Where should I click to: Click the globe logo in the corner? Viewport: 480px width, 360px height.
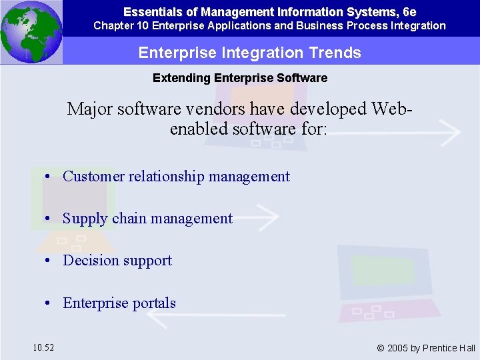click(31, 32)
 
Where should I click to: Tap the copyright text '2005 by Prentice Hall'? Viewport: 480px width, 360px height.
click(431, 348)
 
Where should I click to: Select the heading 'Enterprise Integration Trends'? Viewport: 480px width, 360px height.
click(249, 53)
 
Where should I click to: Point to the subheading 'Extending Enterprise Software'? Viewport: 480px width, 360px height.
click(240, 78)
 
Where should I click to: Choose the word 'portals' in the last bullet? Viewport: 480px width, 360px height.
click(153, 303)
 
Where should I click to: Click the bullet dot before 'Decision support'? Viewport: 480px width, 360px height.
click(49, 261)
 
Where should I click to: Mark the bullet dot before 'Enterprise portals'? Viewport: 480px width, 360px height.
click(49, 303)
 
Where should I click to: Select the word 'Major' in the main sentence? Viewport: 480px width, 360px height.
click(89, 109)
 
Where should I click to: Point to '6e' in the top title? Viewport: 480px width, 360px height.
click(409, 11)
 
